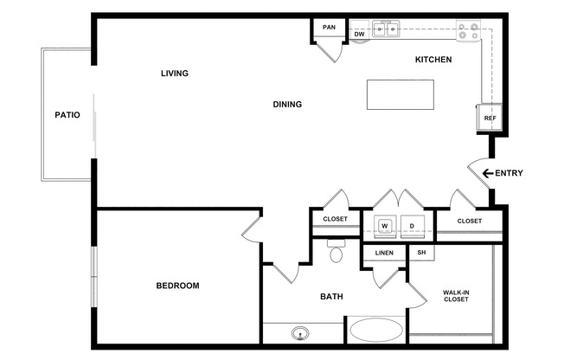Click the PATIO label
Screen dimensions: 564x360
(67, 115)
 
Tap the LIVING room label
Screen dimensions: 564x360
(175, 74)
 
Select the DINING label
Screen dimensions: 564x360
(287, 105)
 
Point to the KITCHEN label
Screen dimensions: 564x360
(433, 60)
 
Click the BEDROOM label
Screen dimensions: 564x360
(177, 286)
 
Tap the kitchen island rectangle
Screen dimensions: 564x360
(401, 94)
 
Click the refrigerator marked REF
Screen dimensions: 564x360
(490, 118)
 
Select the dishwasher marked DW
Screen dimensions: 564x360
(359, 29)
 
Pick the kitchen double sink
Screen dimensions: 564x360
(386, 29)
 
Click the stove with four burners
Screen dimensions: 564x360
(468, 31)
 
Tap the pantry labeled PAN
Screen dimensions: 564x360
(329, 28)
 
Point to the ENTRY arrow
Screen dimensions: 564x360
(488, 174)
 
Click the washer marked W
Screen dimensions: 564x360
(385, 227)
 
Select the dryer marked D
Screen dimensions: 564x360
(413, 227)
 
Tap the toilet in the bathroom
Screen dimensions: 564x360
(336, 251)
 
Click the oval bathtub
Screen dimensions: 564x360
(376, 330)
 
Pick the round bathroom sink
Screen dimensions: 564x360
(300, 333)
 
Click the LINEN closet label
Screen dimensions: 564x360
(384, 253)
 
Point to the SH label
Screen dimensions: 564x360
(421, 253)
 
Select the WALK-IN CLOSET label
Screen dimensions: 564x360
(456, 296)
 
